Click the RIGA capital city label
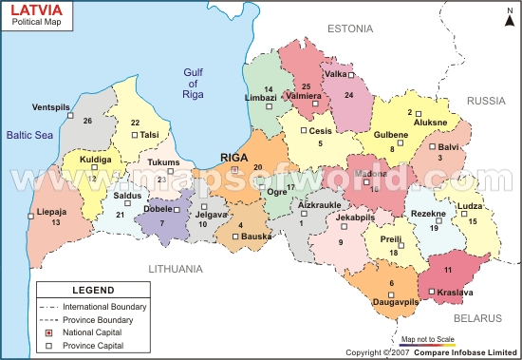234,158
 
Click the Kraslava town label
457,293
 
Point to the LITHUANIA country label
176,269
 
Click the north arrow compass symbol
505,21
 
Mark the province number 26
87,121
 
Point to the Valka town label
335,74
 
